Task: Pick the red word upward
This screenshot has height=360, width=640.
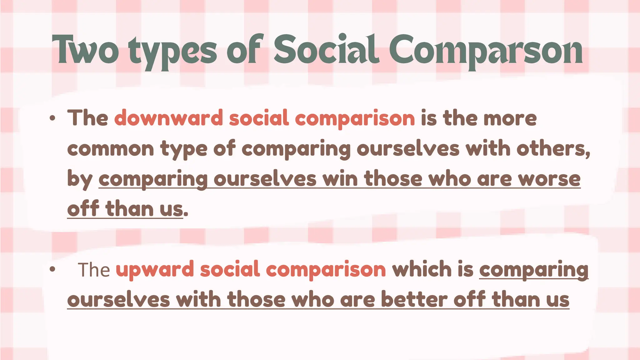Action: [155, 269]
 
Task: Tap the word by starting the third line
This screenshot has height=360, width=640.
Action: [80, 179]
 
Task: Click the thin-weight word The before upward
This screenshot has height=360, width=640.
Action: [94, 270]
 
